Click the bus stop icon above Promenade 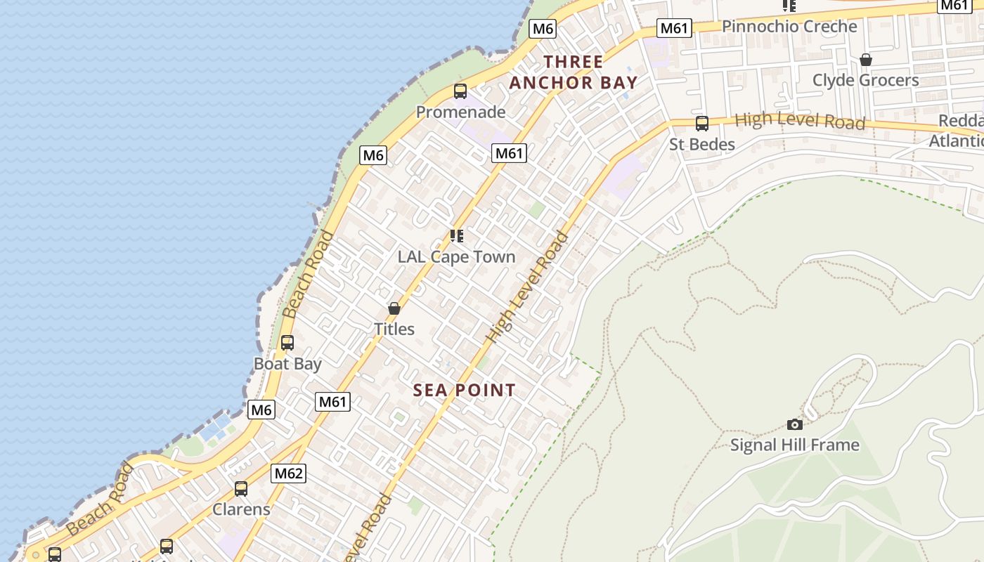460,91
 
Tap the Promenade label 460,112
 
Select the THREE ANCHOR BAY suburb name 573,72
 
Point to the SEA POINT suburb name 464,391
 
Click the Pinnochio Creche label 789,27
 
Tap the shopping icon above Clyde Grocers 866,60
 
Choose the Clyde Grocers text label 865,80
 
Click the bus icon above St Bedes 701,124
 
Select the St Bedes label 701,145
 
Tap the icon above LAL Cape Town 457,236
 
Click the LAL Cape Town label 457,257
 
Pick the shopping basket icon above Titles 394,308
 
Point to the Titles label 394,329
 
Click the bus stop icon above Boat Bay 287,343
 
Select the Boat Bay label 287,364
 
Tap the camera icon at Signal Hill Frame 795,424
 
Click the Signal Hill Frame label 795,445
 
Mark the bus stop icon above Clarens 241,488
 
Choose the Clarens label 241,509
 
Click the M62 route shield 288,473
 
